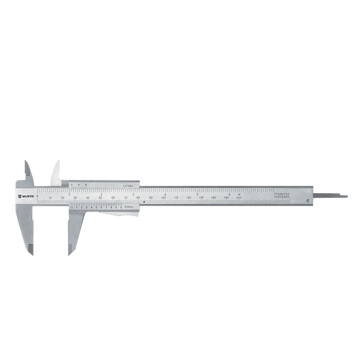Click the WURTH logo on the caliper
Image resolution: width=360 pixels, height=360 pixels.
[27, 196]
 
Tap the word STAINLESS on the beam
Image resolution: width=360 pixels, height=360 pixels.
[281, 193]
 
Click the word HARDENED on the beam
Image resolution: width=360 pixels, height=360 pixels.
[281, 196]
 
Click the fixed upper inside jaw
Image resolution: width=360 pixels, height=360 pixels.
[28, 171]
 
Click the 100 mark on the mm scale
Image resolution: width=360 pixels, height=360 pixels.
[164, 196]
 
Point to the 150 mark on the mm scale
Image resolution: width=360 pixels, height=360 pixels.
[226, 196]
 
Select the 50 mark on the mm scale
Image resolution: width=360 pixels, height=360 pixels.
[101, 196]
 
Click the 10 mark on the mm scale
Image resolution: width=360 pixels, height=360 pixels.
[51, 196]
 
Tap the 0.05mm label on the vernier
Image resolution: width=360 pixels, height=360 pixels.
[128, 208]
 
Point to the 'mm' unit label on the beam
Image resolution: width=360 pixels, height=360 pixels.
[240, 197]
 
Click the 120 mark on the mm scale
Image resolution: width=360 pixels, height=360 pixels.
[189, 196]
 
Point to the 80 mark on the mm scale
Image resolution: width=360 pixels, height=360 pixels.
[139, 196]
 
